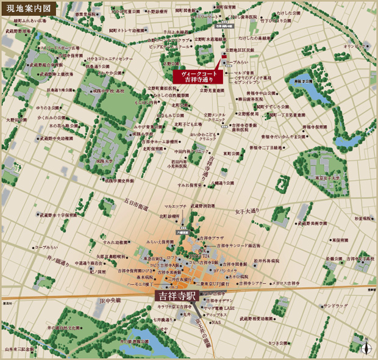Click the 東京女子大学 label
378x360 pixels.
321,178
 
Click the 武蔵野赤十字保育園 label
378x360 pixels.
59,215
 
